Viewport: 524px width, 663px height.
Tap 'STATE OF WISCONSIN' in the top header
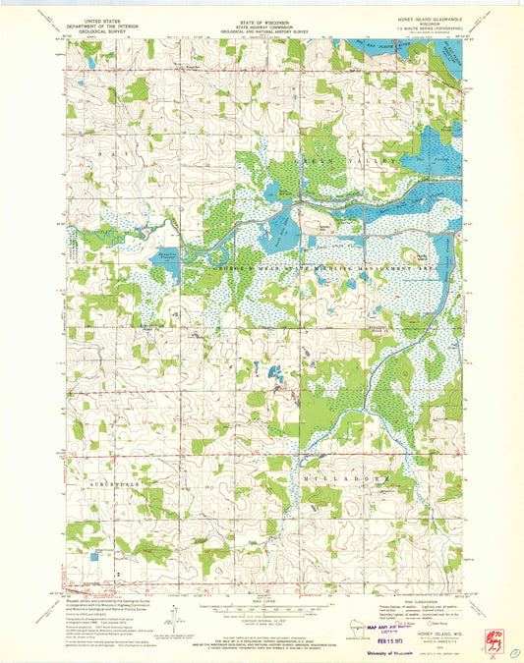tap(262, 19)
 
